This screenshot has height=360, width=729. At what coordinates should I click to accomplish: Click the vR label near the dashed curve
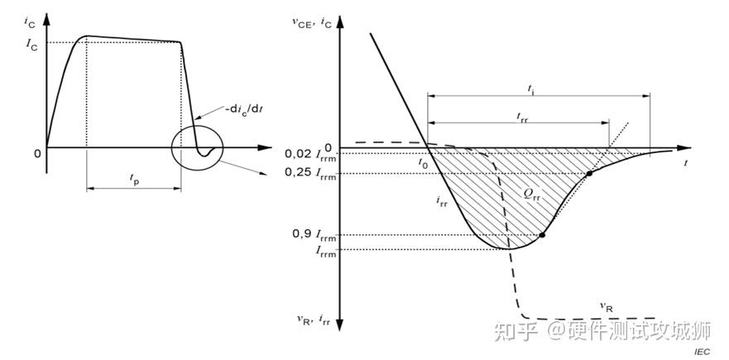pyautogui.click(x=606, y=307)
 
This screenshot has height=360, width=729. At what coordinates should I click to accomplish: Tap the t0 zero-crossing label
pyautogui.click(x=423, y=164)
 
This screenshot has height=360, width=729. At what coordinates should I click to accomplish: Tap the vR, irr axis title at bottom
pyautogui.click(x=315, y=319)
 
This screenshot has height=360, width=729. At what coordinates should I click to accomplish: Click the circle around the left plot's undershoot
pyautogui.click(x=198, y=147)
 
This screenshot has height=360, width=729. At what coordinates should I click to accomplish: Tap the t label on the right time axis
pyautogui.click(x=685, y=163)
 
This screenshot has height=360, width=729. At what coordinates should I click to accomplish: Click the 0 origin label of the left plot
pyautogui.click(x=36, y=153)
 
